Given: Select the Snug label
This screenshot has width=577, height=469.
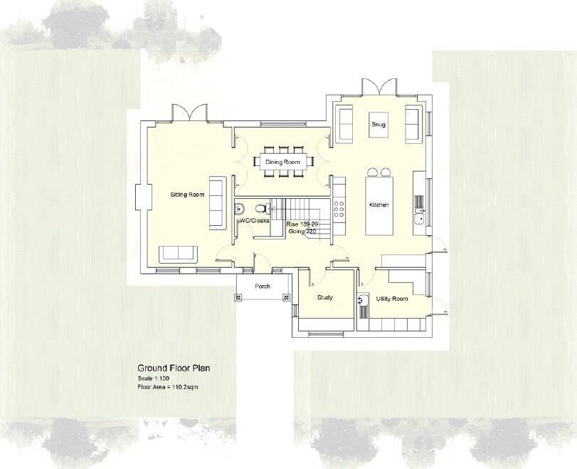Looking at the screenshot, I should (379, 124).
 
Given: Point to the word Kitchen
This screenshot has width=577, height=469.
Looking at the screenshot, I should (379, 205).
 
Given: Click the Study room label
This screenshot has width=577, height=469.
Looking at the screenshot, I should (324, 298).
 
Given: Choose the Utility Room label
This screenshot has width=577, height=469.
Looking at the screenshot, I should (392, 299).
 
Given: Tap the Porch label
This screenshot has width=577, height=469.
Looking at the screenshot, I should (262, 287).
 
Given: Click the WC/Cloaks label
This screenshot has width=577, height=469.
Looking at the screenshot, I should (253, 221).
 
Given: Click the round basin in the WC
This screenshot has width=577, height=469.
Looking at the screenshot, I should (241, 208).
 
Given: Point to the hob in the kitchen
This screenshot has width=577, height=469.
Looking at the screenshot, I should (339, 208).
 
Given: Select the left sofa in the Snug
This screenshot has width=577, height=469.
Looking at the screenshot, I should (345, 123).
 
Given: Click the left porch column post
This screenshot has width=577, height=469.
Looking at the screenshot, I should (239, 297).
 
